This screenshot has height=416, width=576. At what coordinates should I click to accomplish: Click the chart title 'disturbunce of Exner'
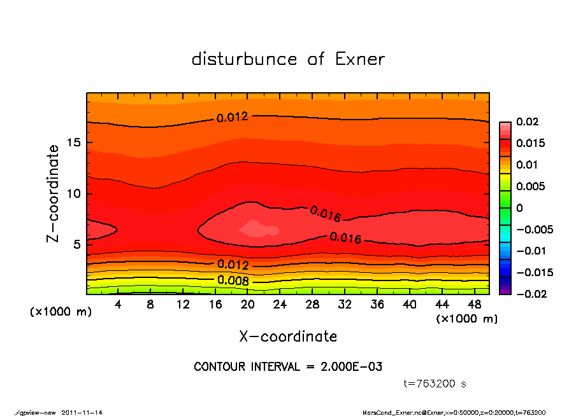288,59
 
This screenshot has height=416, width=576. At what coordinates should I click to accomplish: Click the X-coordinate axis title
288,336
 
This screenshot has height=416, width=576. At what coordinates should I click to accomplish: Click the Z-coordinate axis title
54,193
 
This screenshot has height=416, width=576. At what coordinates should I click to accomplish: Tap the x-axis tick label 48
475,305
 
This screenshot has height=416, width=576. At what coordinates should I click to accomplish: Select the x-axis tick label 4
119,305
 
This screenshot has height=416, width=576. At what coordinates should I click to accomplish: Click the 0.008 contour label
233,280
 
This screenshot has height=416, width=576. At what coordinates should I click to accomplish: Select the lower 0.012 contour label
233,265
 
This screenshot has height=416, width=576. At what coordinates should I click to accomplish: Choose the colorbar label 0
519,208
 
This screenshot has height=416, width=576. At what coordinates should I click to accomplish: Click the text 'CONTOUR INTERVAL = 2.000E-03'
288,367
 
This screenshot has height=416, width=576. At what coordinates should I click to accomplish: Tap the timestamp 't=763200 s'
435,384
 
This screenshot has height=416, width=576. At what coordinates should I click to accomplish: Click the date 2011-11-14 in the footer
82,412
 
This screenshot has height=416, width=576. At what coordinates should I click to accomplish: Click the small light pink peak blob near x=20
257,228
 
